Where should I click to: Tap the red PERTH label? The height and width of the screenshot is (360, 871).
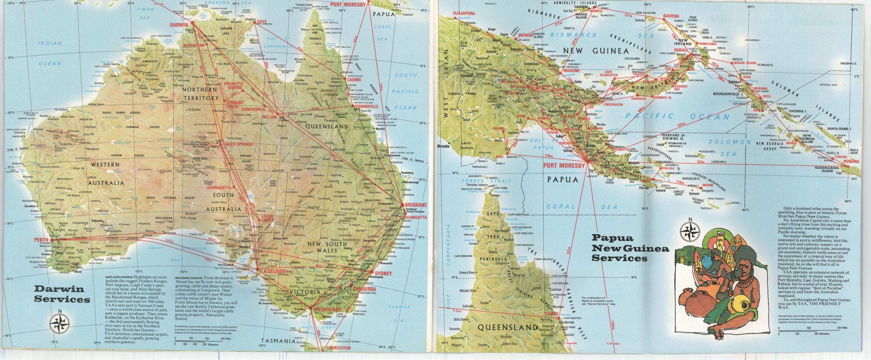coord(42,240)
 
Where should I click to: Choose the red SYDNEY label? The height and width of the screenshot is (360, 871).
coord(383,273)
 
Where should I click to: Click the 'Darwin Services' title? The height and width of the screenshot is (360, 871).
coord(62,295)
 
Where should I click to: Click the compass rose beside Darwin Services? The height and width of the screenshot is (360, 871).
coord(60,321)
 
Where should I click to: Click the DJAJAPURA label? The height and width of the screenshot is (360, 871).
coord(463,14)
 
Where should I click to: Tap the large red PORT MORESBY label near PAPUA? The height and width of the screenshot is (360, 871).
coord(564,166)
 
